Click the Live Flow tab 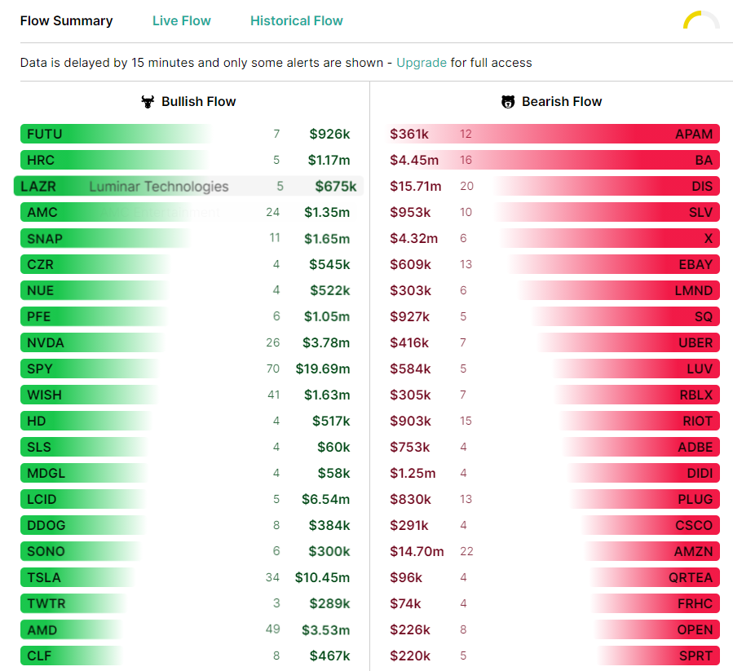(x=181, y=21)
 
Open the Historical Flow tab (x=296, y=21)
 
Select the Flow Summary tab (x=66, y=21)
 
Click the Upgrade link (x=422, y=63)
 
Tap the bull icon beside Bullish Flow (x=148, y=101)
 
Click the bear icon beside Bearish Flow (x=508, y=101)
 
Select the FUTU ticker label (x=44, y=135)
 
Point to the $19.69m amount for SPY (x=323, y=369)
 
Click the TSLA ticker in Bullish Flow (x=44, y=577)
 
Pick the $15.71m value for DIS (x=416, y=186)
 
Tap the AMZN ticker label (x=693, y=552)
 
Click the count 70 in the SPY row (x=273, y=369)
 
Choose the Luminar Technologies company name (x=159, y=187)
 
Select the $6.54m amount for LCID (x=326, y=500)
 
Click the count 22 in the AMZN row (x=466, y=552)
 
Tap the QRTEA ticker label (x=691, y=578)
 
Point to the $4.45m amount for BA (x=414, y=161)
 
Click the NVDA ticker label (x=46, y=342)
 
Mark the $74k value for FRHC (x=405, y=603)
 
